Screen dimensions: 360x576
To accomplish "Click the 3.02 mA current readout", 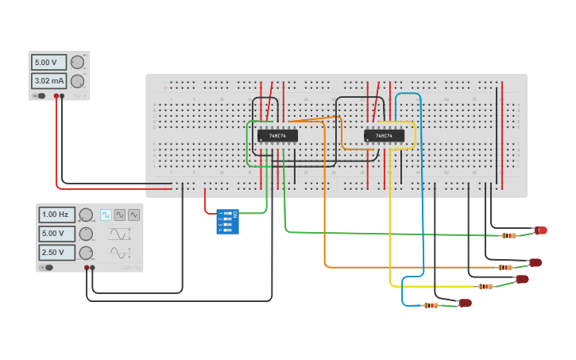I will pyautogui.click(x=48, y=81).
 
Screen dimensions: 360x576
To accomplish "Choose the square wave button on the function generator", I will pyautogui.click(x=106, y=215).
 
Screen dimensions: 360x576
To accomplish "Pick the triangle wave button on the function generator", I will pyautogui.click(x=133, y=215).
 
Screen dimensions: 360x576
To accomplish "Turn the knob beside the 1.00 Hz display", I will pyautogui.click(x=86, y=215).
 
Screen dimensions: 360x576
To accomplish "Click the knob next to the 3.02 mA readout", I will pyautogui.click(x=77, y=81).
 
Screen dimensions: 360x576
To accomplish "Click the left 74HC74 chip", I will pyautogui.click(x=277, y=136).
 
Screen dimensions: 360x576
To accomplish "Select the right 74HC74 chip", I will pyautogui.click(x=385, y=136).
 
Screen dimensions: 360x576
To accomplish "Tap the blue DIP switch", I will pyautogui.click(x=227, y=222).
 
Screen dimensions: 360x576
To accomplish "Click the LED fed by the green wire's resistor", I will pyautogui.click(x=541, y=230).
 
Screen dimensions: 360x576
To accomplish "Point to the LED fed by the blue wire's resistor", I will pyautogui.click(x=466, y=303).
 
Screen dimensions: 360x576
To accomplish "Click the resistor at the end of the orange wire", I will pyautogui.click(x=504, y=267).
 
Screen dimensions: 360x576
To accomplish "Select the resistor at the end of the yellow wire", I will pyautogui.click(x=485, y=286).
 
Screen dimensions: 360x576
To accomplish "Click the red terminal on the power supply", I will pyautogui.click(x=56, y=96).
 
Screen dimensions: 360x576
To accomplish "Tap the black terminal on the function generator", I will pyautogui.click(x=93, y=268).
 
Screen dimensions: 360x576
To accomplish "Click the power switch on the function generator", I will pyautogui.click(x=48, y=268).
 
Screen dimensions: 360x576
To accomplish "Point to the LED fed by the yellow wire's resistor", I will pyautogui.click(x=522, y=279).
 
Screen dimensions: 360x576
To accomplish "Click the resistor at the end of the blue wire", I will pyautogui.click(x=431, y=305).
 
